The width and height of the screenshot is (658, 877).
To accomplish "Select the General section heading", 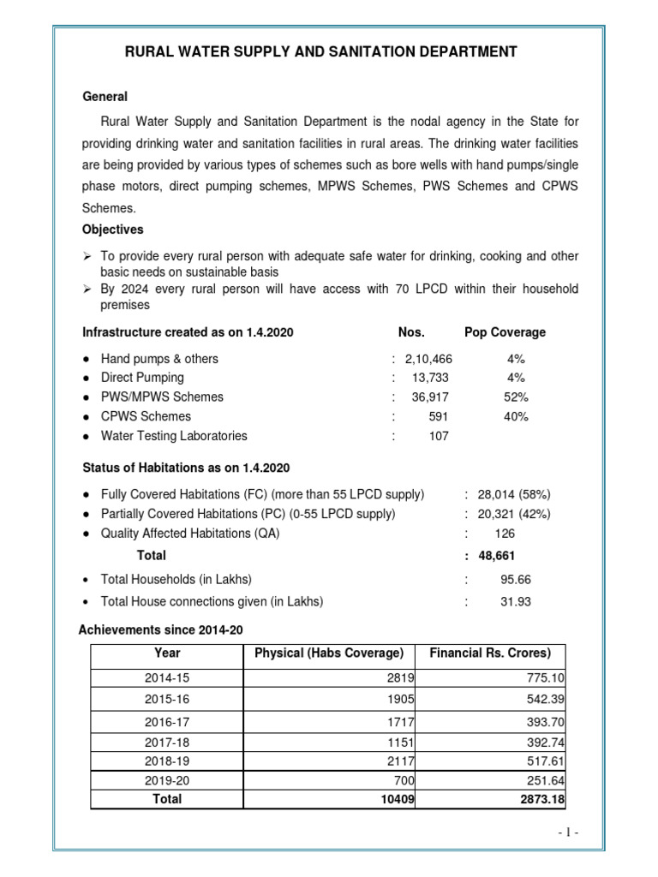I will tap(105, 97).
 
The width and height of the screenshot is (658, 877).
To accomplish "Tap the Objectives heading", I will tap(112, 230).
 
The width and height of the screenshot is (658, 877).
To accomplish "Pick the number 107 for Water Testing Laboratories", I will tap(438, 436).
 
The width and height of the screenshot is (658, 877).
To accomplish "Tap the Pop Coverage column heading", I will tap(505, 332).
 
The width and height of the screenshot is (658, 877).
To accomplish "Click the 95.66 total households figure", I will tap(516, 579).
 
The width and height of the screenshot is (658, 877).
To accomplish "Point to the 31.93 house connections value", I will tap(516, 602).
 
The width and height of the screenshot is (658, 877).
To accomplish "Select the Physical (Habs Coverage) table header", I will tap(329, 653).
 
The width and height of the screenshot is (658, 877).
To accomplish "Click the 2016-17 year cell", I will tap(167, 723).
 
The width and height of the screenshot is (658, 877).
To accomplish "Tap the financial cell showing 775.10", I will tap(545, 677).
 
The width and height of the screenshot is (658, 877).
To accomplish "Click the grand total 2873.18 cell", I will tap(540, 798).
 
